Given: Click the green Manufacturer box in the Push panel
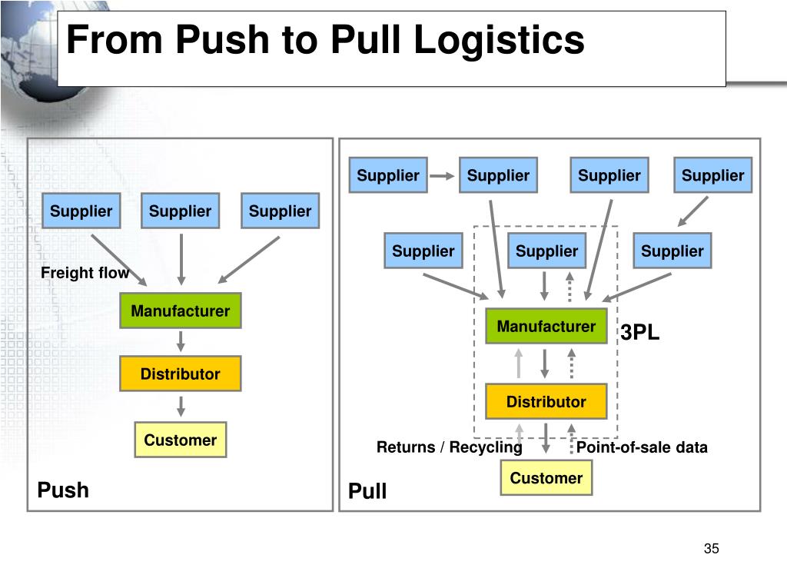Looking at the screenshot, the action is [x=181, y=311].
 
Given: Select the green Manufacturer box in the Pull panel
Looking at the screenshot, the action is [x=546, y=327].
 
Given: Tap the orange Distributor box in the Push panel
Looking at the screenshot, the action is [x=181, y=374].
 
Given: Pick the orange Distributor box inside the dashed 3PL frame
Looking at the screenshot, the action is [x=546, y=402].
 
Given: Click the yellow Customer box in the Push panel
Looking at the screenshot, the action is [x=181, y=440].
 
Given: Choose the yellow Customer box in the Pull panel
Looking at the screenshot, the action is [x=546, y=478].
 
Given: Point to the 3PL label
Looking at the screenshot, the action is [x=639, y=332].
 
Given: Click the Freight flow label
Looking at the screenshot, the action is [x=85, y=273].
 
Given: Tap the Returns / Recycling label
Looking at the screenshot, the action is [x=449, y=447].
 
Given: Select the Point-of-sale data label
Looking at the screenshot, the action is [x=642, y=447].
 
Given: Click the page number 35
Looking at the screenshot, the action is [x=711, y=548].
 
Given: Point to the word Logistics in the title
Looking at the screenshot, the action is [x=500, y=40].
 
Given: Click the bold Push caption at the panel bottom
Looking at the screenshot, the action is [x=63, y=490].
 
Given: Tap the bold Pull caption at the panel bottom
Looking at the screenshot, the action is [x=367, y=490].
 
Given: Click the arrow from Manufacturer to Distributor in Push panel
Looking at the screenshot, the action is [x=181, y=341].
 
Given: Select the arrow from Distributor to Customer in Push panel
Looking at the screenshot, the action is [x=181, y=407].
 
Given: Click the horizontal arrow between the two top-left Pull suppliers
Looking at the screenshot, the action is [x=442, y=176].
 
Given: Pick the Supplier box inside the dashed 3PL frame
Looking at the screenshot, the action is [x=546, y=251].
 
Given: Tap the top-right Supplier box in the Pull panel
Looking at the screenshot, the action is [x=712, y=175].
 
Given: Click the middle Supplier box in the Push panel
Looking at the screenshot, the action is [x=180, y=211].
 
